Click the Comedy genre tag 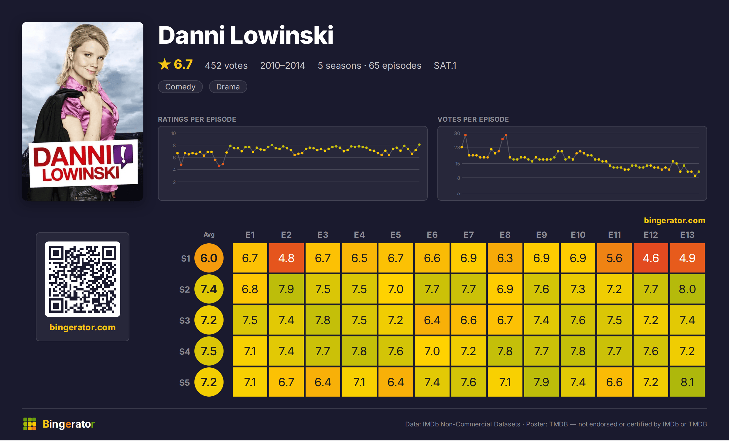point(180,87)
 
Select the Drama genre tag point(228,87)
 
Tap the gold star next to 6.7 point(165,64)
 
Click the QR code point(83,279)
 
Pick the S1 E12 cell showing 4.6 point(651,258)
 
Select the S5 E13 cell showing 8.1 point(687,382)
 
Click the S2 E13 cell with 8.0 point(687,289)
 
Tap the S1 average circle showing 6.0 point(209,258)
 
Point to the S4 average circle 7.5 point(209,351)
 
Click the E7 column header point(468,235)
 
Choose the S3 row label point(184,321)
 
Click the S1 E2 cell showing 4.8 point(286,258)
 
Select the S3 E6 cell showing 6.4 point(432,320)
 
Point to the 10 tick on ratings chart point(173,133)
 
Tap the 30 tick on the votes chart point(457,133)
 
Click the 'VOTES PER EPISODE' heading point(473,119)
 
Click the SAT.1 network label point(445,65)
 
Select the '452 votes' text point(226,65)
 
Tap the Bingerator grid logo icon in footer point(30,424)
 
